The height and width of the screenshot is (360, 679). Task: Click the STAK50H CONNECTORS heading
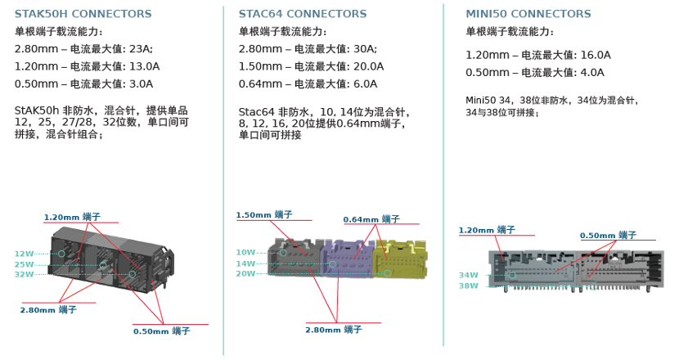tap(83, 14)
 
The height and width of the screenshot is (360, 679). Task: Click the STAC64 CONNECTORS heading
tap(303, 14)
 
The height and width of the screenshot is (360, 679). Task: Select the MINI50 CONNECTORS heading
tap(528, 14)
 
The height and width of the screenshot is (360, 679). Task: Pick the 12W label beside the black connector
tap(24, 254)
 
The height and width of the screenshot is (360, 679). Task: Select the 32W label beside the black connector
tap(24, 274)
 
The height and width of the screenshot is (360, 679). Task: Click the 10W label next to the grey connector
tap(245, 252)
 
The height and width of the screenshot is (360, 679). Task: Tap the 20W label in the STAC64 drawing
tap(245, 273)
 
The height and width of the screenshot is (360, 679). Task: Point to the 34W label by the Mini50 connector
tap(468, 275)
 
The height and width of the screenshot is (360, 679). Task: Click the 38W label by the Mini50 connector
tap(468, 286)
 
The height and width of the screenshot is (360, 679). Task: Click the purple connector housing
tap(348, 258)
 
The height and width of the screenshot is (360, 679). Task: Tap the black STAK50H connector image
tap(110, 262)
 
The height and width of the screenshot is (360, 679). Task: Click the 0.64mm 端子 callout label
tap(371, 219)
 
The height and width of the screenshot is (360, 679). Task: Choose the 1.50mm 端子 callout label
tap(264, 214)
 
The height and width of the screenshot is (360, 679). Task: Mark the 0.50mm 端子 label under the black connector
tap(162, 331)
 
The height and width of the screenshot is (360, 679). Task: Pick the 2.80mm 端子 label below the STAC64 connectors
tap(333, 329)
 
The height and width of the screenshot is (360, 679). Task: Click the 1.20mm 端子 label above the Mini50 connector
tap(487, 230)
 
